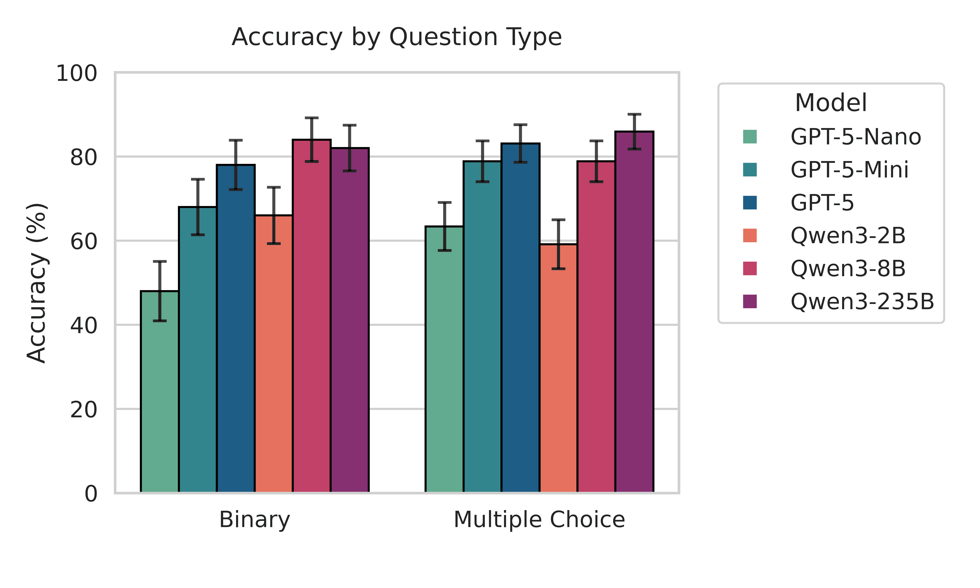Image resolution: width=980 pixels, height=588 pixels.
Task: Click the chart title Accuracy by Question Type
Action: [x=397, y=37]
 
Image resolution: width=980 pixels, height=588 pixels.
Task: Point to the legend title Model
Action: [x=831, y=103]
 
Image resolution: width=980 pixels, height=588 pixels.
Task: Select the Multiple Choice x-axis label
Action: [x=539, y=520]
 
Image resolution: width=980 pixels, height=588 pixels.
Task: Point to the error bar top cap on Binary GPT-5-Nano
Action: [x=160, y=261]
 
